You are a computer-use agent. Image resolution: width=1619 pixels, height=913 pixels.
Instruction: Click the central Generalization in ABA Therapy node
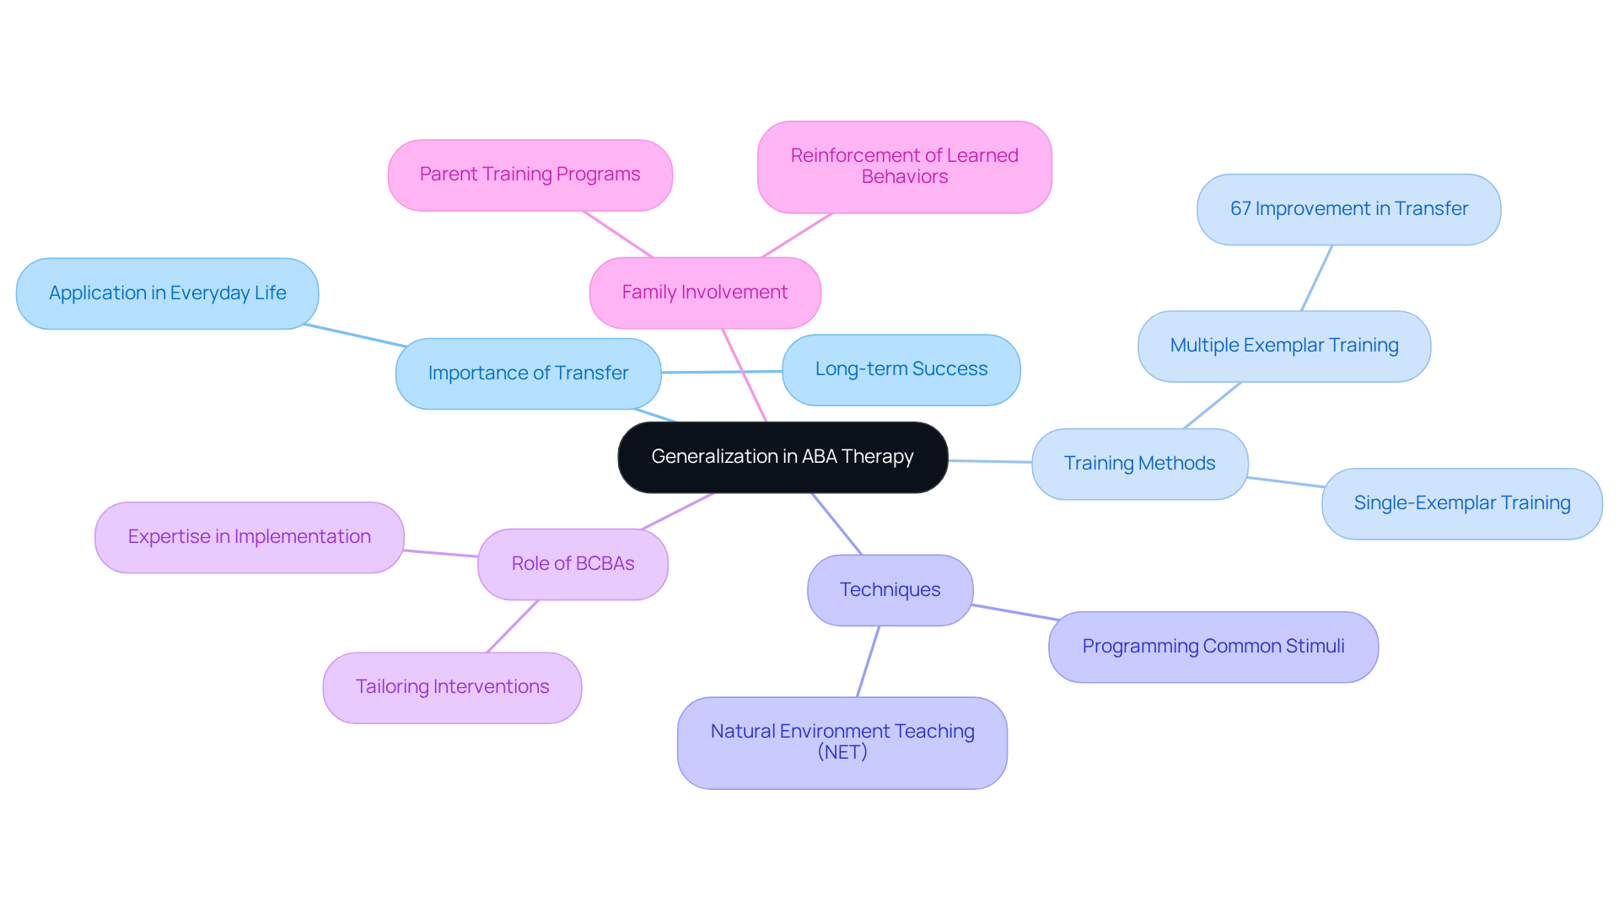click(783, 457)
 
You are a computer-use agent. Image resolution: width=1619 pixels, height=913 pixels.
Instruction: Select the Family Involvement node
click(705, 293)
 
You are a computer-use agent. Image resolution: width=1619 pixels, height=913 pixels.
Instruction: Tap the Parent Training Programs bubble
click(530, 175)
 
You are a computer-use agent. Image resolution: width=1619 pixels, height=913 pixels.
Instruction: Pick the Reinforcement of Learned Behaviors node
click(904, 166)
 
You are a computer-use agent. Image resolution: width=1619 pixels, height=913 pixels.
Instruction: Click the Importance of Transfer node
click(528, 373)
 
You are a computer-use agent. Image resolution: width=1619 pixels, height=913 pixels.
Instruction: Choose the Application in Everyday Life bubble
click(167, 293)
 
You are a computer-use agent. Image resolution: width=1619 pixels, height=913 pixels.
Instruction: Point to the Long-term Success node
click(901, 369)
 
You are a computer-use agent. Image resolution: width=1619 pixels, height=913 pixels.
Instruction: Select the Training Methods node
click(1139, 464)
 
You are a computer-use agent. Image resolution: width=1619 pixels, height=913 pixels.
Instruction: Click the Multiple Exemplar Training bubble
click(1283, 346)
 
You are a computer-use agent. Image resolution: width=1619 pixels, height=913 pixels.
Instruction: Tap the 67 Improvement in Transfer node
click(1348, 209)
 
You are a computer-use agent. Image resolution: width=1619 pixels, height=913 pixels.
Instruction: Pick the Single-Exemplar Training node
click(1461, 503)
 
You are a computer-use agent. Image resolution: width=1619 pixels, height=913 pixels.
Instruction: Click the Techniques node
click(890, 590)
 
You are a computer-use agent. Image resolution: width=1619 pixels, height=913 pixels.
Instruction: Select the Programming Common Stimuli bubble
click(1213, 647)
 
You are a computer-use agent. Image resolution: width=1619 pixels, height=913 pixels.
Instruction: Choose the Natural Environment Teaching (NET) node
click(842, 742)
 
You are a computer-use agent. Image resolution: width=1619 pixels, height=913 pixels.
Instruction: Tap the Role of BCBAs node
click(573, 564)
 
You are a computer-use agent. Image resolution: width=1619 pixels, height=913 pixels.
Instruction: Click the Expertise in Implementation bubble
click(249, 537)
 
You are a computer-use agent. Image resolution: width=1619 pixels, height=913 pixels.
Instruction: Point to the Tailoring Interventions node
click(452, 687)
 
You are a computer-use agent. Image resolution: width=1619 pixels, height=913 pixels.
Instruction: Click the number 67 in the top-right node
click(1240, 209)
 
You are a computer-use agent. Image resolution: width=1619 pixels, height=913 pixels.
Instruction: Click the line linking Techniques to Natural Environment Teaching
click(869, 661)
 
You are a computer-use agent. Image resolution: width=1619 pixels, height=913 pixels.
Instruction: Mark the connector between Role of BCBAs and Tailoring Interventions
click(513, 626)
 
